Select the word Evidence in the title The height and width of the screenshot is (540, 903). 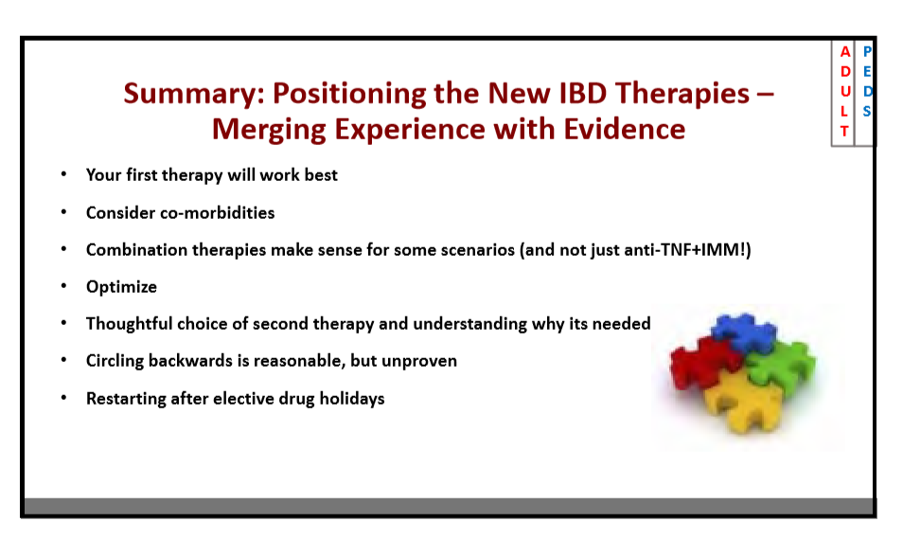625,129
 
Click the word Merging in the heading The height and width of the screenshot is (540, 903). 269,130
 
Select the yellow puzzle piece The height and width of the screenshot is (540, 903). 743,404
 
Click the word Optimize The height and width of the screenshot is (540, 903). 121,287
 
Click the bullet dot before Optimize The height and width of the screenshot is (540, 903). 64,285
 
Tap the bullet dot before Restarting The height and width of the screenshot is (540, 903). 64,397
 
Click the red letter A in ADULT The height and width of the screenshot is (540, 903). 845,52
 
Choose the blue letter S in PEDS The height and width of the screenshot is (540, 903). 867,111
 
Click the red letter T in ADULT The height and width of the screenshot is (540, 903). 844,132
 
